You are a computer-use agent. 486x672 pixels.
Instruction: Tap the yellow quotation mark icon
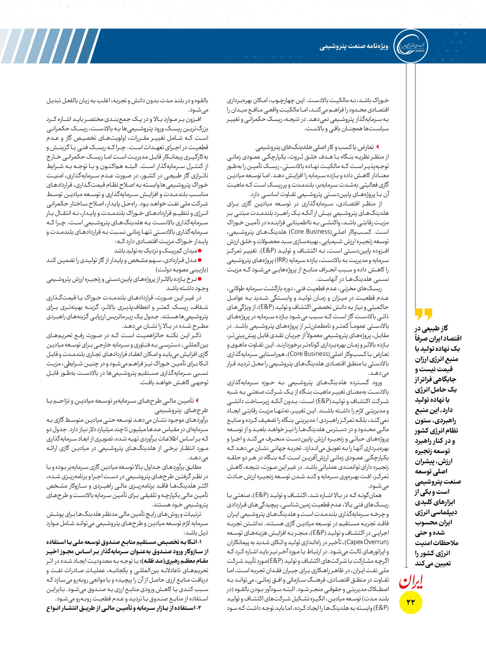pyautogui.click(x=423, y=314)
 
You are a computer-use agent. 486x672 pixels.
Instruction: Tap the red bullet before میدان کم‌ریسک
pyautogui.click(x=200, y=251)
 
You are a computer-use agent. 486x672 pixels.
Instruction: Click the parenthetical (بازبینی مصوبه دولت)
pyautogui.click(x=182, y=270)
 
